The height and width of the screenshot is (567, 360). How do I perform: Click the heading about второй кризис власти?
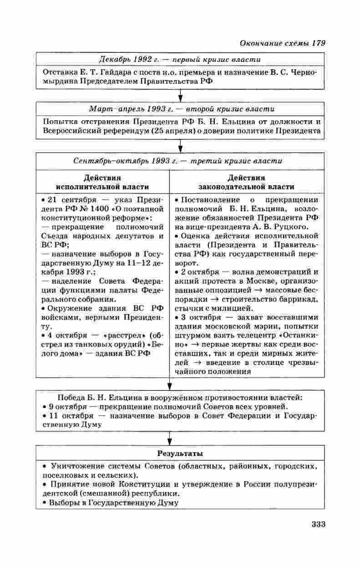pos(181,109)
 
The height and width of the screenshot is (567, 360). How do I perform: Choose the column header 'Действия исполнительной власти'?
pos(102,182)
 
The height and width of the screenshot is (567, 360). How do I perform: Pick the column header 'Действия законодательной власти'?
pos(246,182)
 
